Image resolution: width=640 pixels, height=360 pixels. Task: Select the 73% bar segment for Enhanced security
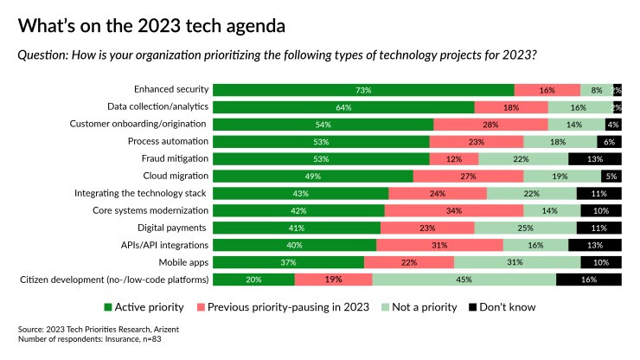tap(363, 90)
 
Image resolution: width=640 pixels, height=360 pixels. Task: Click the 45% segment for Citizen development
tap(464, 280)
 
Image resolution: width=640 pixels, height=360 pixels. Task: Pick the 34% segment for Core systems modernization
tap(453, 210)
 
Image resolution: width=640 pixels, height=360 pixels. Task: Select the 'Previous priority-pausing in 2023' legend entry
tap(292, 306)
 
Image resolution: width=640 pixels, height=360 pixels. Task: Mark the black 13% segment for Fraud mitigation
tap(595, 158)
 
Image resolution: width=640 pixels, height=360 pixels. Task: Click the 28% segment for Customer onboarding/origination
tap(490, 124)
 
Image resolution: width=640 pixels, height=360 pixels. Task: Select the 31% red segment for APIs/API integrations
tap(439, 245)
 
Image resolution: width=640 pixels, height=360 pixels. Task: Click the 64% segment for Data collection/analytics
tap(343, 107)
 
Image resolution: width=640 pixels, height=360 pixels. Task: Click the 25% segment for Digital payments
tap(525, 228)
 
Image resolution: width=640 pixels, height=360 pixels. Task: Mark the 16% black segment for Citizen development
tap(588, 280)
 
